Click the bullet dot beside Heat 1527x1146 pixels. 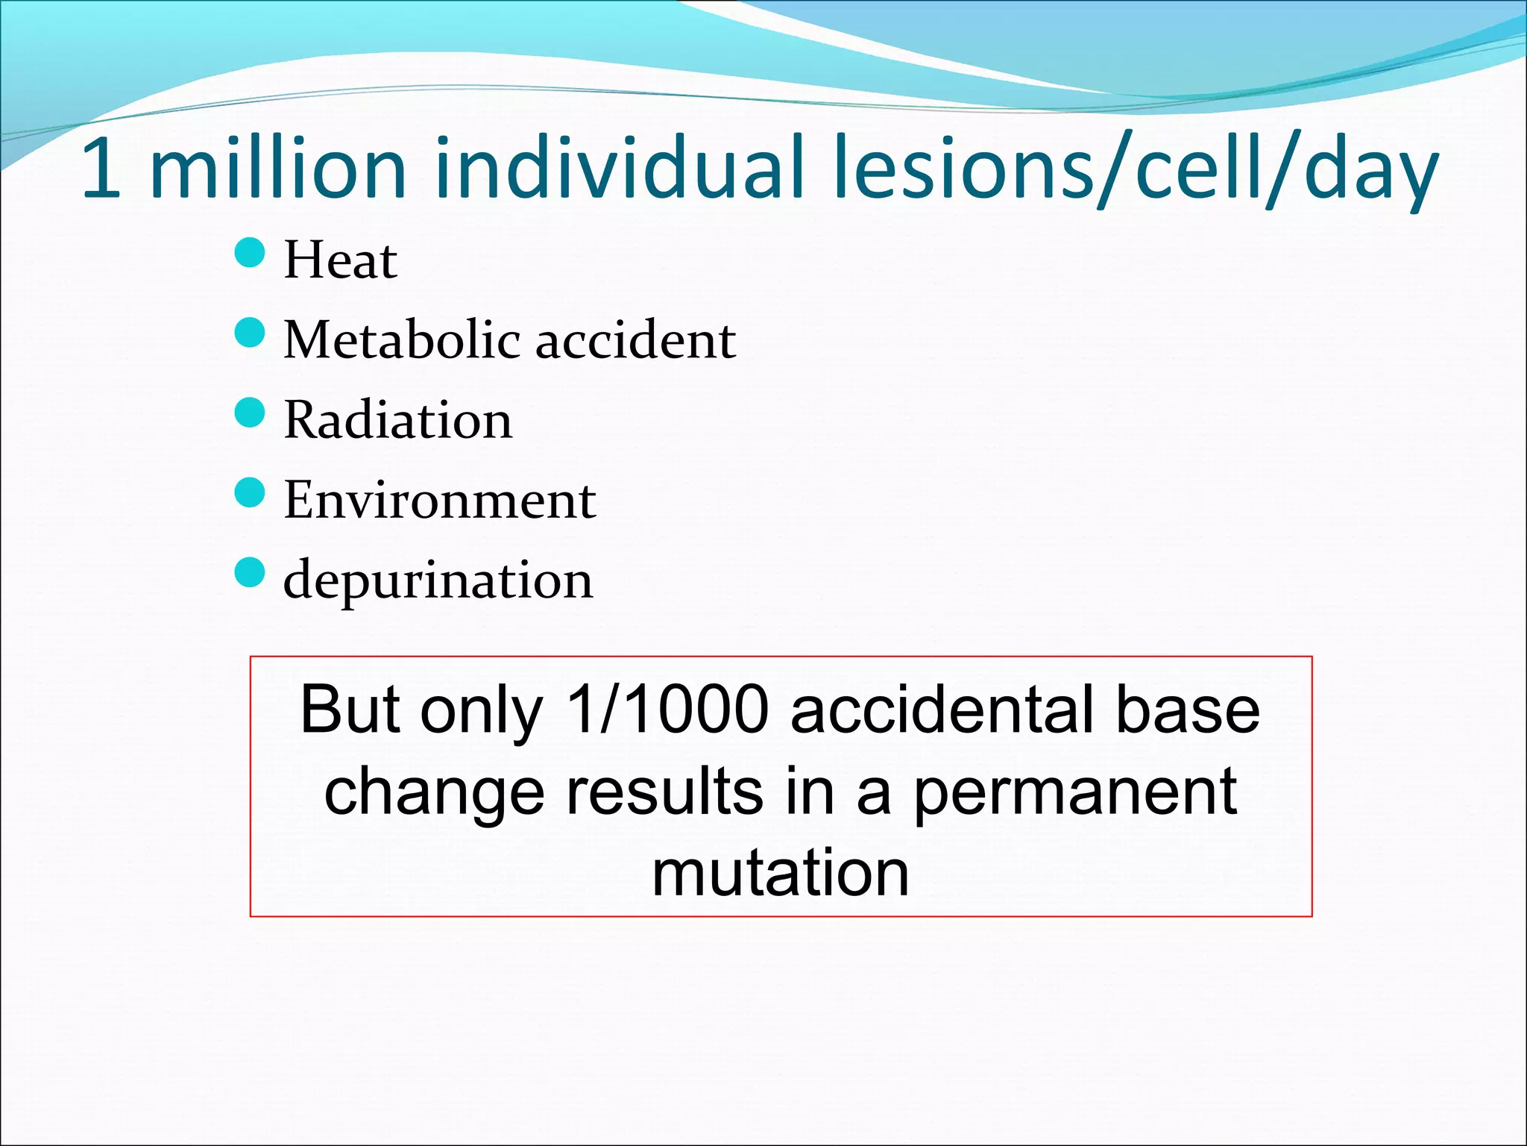[250, 253]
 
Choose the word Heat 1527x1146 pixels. [341, 260]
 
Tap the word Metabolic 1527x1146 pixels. [402, 339]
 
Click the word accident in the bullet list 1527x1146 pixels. [636, 340]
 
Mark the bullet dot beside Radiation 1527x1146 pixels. [250, 413]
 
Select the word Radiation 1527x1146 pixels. [398, 419]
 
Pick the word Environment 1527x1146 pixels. [440, 499]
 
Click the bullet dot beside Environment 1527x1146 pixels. [250, 492]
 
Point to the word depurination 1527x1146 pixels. [438, 580]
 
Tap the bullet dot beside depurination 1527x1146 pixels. [250, 572]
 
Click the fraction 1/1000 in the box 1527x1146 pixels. [667, 709]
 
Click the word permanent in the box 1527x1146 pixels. [1075, 792]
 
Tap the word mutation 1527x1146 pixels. [781, 873]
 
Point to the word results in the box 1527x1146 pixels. [664, 791]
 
